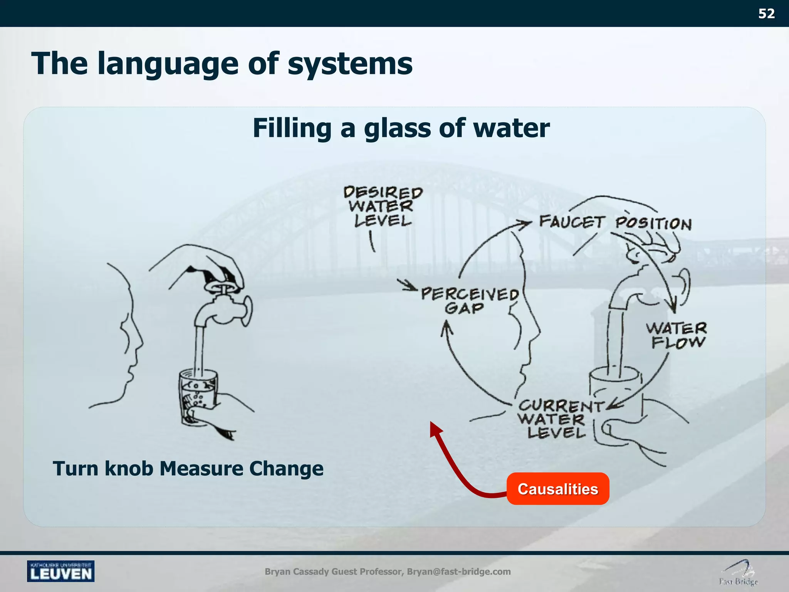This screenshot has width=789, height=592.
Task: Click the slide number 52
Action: [766, 14]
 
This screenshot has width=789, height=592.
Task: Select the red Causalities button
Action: [557, 489]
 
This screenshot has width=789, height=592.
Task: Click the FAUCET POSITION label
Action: [615, 223]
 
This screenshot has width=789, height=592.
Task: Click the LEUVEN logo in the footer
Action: [60, 571]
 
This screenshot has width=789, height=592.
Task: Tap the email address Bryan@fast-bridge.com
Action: [458, 572]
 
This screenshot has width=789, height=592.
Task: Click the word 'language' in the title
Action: [168, 64]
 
